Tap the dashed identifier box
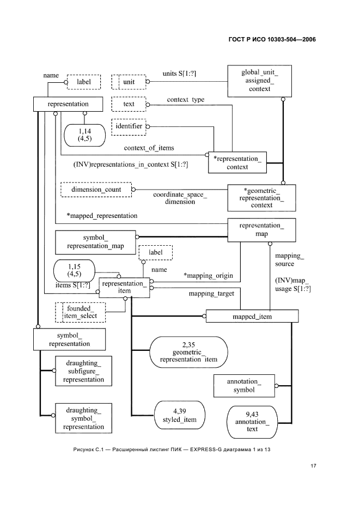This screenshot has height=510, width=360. click(x=129, y=126)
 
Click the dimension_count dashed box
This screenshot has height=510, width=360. click(x=95, y=190)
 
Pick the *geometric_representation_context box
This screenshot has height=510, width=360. click(x=260, y=197)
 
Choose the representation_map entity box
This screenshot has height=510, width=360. click(x=261, y=229)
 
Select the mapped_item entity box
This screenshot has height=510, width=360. click(x=252, y=316)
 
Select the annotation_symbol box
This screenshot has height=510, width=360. click(x=243, y=386)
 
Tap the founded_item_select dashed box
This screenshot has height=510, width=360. click(x=81, y=312)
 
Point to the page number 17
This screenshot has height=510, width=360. click(x=312, y=466)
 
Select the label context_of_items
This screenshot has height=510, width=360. click(x=149, y=148)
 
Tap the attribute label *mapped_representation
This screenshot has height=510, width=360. click(x=102, y=215)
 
